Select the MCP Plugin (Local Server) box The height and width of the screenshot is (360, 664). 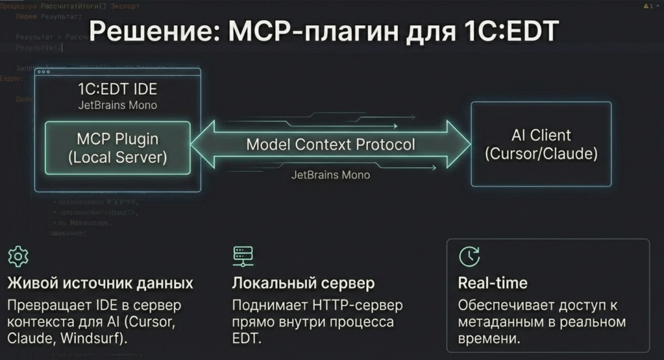[x=117, y=148]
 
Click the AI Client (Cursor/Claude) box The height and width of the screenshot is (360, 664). [x=541, y=145]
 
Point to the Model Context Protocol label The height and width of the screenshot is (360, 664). [x=330, y=144]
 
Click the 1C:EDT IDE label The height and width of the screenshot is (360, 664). [x=117, y=89]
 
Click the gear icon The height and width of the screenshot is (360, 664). [x=17, y=257]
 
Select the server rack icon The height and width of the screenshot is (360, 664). [x=241, y=257]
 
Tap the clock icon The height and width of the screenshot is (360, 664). [x=469, y=257]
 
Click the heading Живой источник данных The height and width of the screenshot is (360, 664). [x=100, y=283]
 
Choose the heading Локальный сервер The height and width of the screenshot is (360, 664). [x=303, y=283]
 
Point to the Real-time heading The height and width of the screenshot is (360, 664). [x=493, y=283]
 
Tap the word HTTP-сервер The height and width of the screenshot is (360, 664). [x=363, y=305]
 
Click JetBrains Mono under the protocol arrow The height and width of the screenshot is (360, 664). [x=330, y=174]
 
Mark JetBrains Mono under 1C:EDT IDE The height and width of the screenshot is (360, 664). [x=117, y=104]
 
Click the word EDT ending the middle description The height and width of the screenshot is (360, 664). [x=246, y=339]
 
